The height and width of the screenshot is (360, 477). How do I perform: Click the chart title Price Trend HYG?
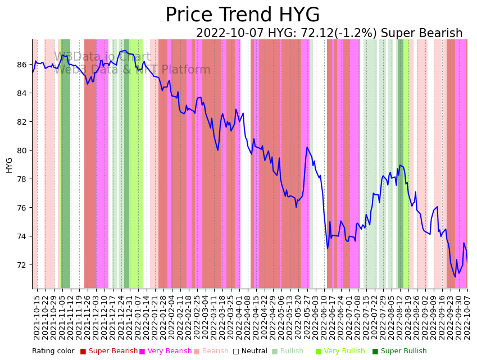(x=242, y=15)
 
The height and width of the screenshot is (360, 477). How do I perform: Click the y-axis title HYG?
(x=10, y=165)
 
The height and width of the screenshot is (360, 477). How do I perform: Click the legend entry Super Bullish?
(x=403, y=352)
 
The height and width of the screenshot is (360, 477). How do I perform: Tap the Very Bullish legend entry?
(x=343, y=352)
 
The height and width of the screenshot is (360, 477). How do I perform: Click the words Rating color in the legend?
(x=53, y=352)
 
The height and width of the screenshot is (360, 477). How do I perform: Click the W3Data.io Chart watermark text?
(x=102, y=57)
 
